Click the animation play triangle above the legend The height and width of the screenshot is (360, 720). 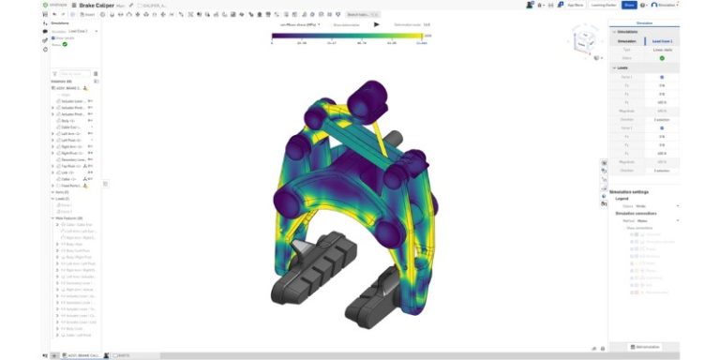376,24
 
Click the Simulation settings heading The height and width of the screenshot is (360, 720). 634,191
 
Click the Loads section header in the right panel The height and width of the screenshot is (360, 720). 622,67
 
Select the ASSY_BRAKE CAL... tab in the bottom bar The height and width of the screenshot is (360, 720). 81,356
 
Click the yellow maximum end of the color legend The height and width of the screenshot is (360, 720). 420,37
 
